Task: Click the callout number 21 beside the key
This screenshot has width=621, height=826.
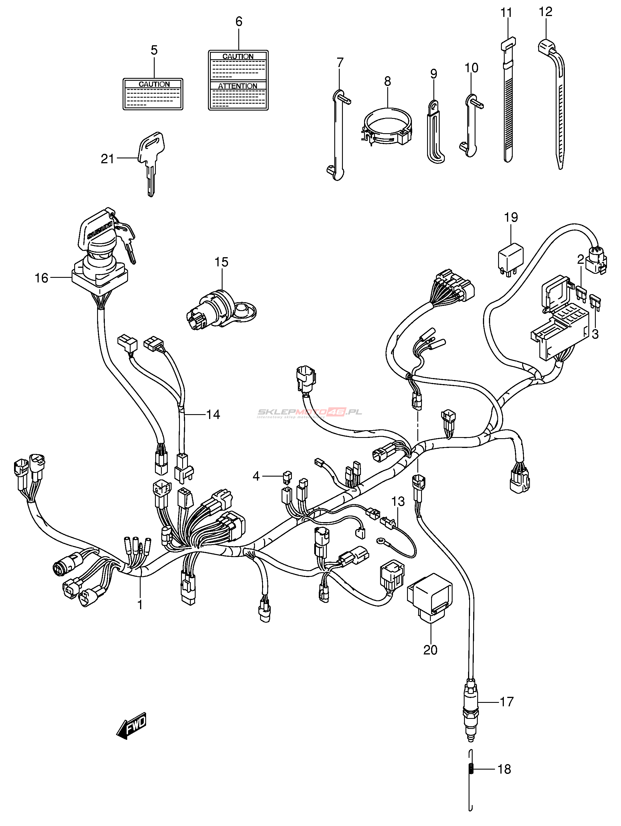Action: [107, 159]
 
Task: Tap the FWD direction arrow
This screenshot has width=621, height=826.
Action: [132, 726]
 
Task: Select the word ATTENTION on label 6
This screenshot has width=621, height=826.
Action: [238, 86]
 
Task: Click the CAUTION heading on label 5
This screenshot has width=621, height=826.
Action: [154, 84]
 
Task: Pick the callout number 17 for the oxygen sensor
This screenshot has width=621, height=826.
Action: [507, 702]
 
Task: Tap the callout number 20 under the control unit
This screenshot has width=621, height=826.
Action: [430, 650]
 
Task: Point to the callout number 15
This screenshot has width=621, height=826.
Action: [221, 262]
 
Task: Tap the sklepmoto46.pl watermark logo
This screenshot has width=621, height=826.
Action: [310, 412]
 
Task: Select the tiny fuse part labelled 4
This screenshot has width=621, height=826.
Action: [288, 477]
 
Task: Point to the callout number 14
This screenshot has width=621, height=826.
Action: [213, 414]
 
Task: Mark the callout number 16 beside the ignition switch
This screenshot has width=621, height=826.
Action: [42, 278]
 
